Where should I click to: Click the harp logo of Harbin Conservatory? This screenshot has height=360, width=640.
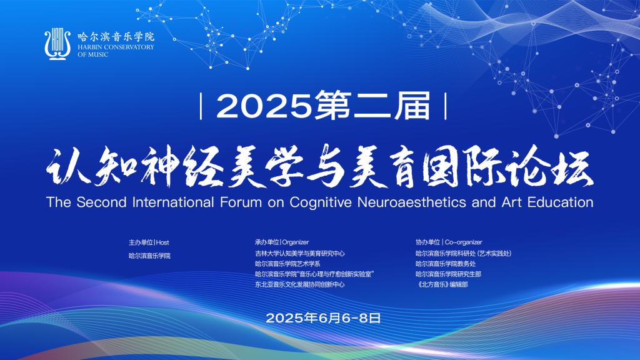[57, 44]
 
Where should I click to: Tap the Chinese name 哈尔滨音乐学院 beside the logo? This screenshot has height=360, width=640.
[116, 37]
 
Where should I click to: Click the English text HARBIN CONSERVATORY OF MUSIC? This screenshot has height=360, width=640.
[116, 51]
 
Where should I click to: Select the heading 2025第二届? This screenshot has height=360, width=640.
[323, 106]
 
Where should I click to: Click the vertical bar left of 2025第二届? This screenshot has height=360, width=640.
[201, 106]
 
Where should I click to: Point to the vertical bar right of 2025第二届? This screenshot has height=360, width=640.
[445, 106]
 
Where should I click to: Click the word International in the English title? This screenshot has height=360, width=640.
[173, 202]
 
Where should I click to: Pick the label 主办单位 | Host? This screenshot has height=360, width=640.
[149, 242]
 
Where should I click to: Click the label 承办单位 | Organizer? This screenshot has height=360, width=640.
[282, 242]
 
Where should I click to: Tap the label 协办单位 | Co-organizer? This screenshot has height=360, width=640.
[449, 242]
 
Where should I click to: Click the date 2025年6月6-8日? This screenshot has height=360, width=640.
[323, 318]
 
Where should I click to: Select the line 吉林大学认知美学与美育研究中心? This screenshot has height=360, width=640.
[300, 254]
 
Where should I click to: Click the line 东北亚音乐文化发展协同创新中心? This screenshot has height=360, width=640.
[300, 284]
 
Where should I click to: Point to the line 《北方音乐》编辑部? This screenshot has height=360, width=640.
[442, 284]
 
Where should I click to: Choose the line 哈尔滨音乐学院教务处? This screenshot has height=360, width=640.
[446, 264]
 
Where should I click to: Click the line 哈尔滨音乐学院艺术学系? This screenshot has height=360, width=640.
[287, 264]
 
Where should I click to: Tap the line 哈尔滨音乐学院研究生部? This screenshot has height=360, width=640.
[449, 274]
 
